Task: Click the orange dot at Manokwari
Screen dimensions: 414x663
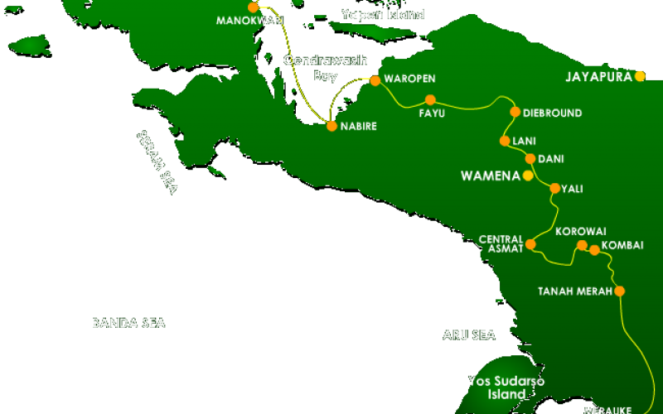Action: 253,7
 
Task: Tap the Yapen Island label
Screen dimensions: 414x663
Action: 383,14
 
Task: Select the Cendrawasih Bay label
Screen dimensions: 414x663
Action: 313,67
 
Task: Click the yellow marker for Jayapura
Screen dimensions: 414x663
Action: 640,76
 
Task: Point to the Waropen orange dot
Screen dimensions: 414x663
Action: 375,80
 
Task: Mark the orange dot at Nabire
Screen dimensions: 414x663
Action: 331,127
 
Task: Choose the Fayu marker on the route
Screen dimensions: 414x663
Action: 430,99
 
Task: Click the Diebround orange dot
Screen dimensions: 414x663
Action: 515,112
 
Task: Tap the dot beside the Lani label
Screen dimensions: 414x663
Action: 504,141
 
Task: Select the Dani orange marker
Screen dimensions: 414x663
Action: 530,158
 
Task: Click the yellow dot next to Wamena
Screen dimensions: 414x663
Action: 527,176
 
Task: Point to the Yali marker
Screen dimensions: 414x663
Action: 554,188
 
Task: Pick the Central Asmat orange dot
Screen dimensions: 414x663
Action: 530,244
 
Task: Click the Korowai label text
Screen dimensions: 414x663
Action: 581,231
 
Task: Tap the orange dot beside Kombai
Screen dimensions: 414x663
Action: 594,249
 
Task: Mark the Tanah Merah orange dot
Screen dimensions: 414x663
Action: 618,291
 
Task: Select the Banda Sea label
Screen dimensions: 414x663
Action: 128,323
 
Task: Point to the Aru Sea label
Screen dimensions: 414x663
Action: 468,335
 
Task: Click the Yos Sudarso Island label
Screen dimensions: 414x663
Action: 496,388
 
